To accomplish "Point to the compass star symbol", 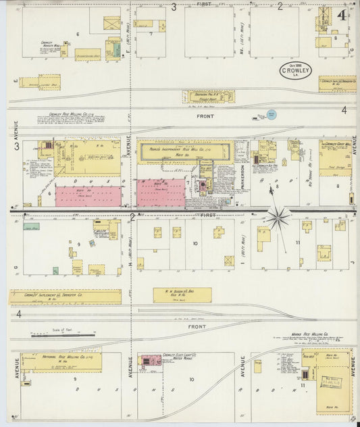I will tap(278, 218).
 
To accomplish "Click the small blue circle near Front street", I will tap(271, 115).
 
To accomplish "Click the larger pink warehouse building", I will tap(88, 197).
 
